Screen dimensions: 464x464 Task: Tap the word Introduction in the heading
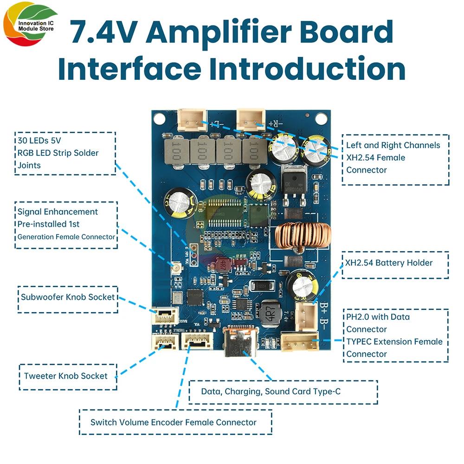tap(306, 68)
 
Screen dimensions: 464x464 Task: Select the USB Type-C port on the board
tap(242, 342)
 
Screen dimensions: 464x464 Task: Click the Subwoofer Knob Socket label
tap(67, 297)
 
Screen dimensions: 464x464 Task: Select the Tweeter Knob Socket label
tap(66, 376)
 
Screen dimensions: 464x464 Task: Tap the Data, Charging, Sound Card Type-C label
tap(271, 392)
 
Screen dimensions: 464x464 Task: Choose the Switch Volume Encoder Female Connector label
tap(174, 422)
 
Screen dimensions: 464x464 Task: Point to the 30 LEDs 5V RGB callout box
tap(64, 153)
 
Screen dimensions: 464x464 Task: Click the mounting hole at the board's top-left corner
tap(159, 118)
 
